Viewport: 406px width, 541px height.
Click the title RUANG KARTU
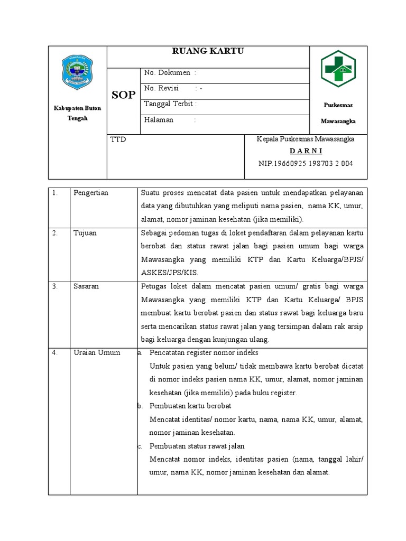tap(208, 51)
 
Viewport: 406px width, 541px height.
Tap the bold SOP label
tap(123, 95)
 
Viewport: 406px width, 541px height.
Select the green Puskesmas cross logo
tap(338, 68)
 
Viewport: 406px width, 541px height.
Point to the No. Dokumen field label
tap(167, 73)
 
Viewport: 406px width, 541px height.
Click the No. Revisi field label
tap(162, 88)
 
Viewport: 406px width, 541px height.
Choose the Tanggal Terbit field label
tap(169, 104)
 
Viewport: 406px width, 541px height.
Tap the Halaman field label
tap(159, 120)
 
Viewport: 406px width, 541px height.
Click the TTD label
tap(118, 139)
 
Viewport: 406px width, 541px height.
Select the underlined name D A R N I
tap(305, 151)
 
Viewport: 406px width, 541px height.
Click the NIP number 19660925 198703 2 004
tap(305, 163)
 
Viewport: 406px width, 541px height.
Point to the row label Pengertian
tap(90, 193)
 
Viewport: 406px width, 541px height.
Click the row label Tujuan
tap(85, 233)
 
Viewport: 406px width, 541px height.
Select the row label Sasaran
tap(86, 286)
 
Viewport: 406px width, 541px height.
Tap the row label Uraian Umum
tap(97, 352)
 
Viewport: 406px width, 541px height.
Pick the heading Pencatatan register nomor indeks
tap(204, 352)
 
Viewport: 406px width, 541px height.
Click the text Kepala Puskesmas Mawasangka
tap(305, 139)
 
